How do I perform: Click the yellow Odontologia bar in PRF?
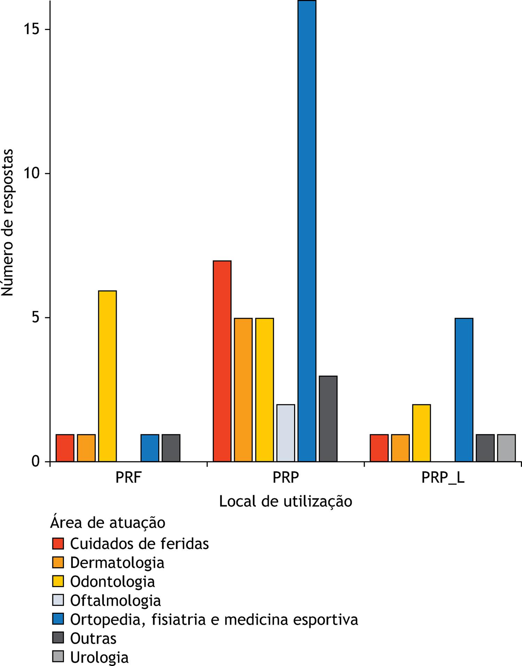point(108,376)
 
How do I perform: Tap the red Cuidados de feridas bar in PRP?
point(222,361)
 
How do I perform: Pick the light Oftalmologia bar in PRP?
point(286,433)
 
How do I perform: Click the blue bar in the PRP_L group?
point(464,390)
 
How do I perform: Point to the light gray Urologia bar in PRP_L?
point(506,448)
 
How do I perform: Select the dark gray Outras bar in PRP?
point(328,419)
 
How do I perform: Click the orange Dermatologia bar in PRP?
point(243,390)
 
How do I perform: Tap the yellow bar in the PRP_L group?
point(421,433)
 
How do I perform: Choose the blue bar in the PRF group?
point(150,448)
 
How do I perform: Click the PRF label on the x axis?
point(128,478)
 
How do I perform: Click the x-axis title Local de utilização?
point(285,501)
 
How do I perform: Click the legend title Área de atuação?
point(108,523)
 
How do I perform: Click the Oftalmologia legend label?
point(116,601)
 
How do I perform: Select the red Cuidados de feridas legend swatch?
point(58,544)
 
